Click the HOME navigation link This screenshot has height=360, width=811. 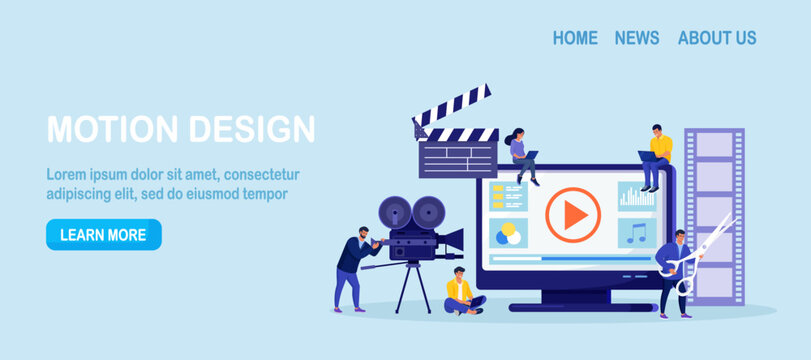click(575, 38)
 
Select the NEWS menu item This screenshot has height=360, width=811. click(637, 38)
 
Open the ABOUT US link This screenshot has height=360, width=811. click(717, 38)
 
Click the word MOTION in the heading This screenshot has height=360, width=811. click(109, 129)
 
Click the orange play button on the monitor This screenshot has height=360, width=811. click(573, 215)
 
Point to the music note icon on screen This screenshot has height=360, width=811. click(636, 234)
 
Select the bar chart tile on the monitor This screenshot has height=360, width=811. click(636, 196)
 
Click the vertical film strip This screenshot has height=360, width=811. click(715, 215)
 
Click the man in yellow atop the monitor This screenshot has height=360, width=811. click(655, 156)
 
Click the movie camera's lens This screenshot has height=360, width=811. click(453, 240)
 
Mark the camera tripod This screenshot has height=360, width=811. click(412, 285)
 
